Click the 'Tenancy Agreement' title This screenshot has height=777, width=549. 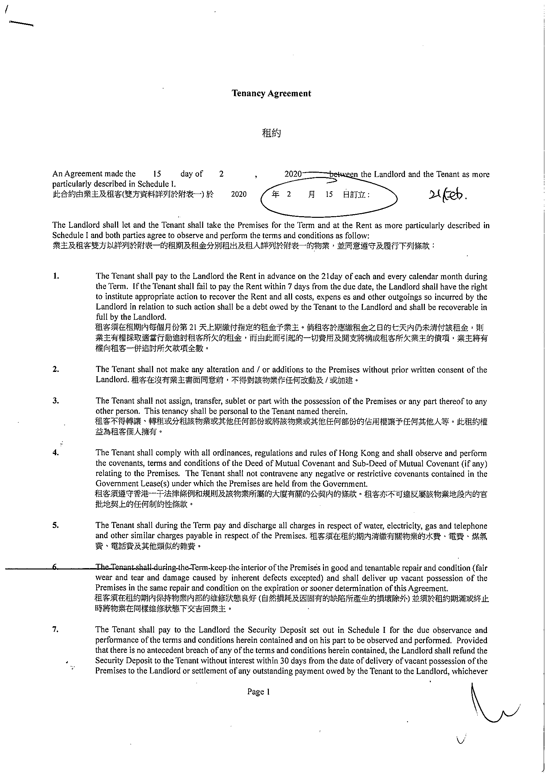pyautogui.click(x=271, y=94)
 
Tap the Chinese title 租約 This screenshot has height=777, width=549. pyautogui.click(x=272, y=133)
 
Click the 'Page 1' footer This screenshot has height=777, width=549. pyautogui.click(x=259, y=692)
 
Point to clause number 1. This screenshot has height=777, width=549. pyautogui.click(x=56, y=276)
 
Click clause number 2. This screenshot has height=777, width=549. pyautogui.click(x=56, y=369)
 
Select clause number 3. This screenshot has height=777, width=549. pyautogui.click(x=56, y=401)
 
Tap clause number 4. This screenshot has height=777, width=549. pyautogui.click(x=56, y=453)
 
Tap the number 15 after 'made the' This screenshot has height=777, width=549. pyautogui.click(x=157, y=174)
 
